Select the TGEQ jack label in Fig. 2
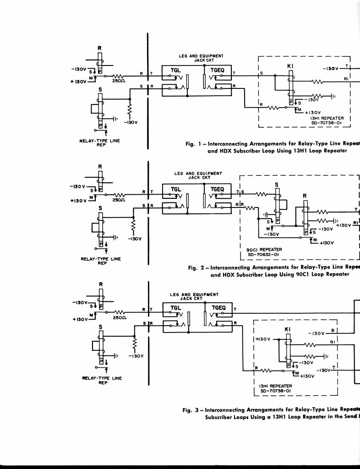point(217,189)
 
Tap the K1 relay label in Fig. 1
point(290,66)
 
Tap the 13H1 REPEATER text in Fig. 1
point(327,118)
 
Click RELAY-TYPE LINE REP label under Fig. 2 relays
point(101,261)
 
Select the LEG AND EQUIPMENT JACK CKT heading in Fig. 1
point(201,58)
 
